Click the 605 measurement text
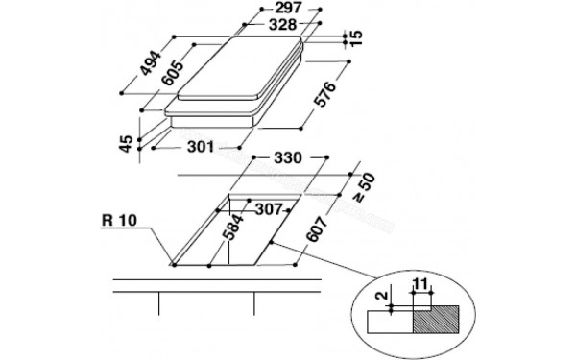click(x=176, y=74)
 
